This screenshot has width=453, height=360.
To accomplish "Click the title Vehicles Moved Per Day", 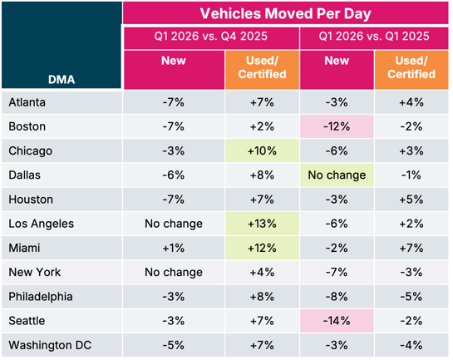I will click(x=284, y=13).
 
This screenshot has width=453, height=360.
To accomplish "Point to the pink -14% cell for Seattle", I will click(x=337, y=321).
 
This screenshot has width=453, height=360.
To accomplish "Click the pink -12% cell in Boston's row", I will click(x=337, y=127).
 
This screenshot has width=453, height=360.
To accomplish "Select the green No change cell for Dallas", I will click(x=337, y=175).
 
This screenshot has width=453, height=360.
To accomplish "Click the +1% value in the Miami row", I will click(x=173, y=248).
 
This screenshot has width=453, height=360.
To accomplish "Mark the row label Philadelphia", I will click(x=42, y=297).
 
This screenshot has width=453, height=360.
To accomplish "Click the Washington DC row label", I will click(x=49, y=345).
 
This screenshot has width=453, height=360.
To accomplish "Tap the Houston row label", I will click(x=32, y=200).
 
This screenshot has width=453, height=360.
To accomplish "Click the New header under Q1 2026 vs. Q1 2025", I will click(x=337, y=61).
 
